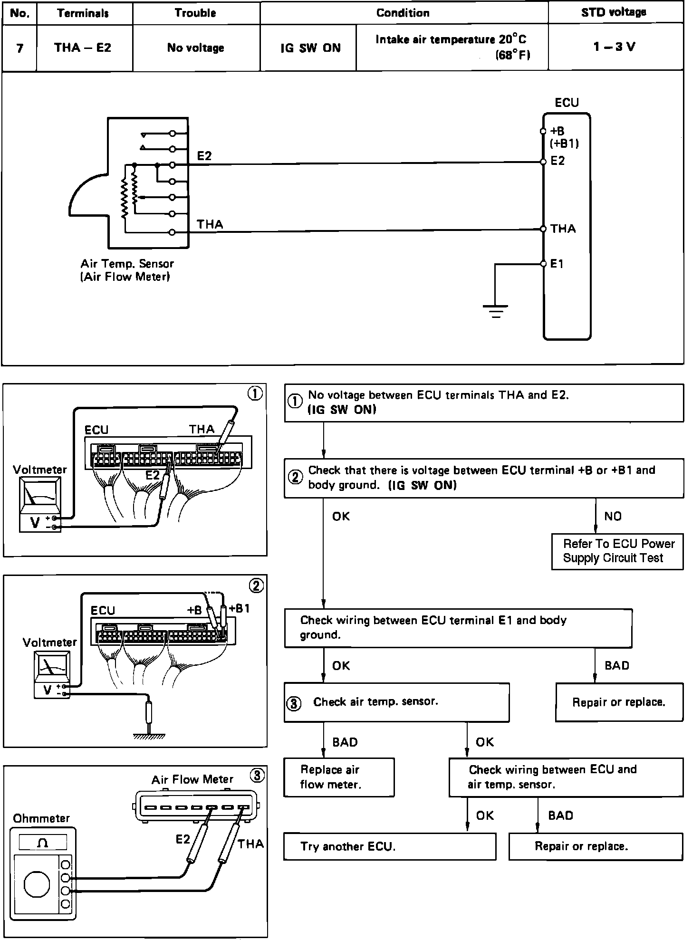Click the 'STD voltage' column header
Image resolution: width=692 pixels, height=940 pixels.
coord(613,13)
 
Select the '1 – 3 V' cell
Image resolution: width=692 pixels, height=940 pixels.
coord(614,47)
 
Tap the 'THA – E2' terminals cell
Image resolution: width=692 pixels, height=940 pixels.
coord(83,48)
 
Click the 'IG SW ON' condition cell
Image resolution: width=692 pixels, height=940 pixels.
coord(310,48)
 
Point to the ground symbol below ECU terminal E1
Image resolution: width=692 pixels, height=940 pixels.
coord(495,311)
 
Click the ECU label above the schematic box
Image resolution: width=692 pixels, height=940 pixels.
coord(567,103)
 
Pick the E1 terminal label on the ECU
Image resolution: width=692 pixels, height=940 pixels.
coord(557,264)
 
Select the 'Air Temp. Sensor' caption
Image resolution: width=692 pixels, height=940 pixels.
coord(127,264)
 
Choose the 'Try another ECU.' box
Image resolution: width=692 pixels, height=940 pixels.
coord(389,846)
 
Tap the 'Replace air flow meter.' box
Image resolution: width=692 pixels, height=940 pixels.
coord(339,777)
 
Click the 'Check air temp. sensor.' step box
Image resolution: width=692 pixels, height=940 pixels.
coord(396,702)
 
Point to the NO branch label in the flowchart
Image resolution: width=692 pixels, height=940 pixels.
coord(613,516)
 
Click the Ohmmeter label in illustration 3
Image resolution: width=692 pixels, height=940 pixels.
coord(41,818)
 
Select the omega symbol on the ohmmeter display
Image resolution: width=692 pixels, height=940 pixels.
coord(43,843)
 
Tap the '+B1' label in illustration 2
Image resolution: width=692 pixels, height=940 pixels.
coord(239,608)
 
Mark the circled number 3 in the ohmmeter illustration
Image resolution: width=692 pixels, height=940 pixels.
coord(257,776)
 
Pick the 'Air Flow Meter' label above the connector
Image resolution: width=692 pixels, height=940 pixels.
coord(192,779)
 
